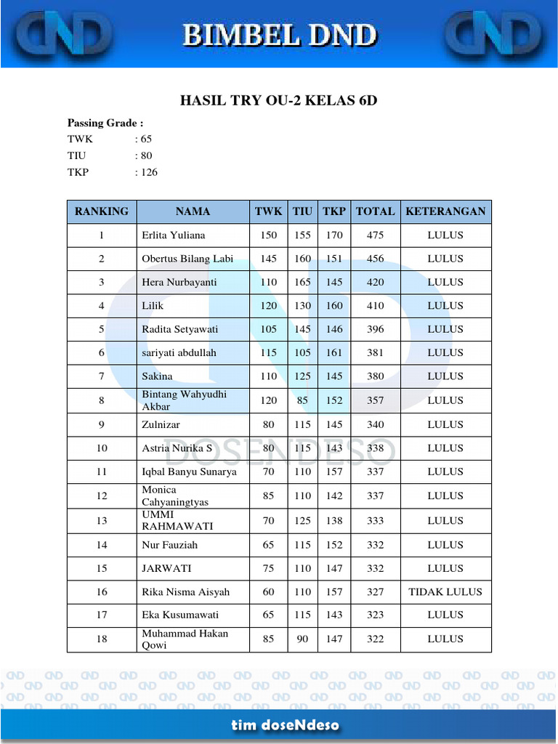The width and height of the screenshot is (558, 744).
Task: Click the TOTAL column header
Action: coord(375,211)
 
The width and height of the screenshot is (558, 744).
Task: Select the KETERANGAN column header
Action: coord(445,211)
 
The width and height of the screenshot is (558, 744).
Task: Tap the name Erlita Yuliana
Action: coord(174,235)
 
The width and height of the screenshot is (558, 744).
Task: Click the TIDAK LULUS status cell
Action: coord(445,592)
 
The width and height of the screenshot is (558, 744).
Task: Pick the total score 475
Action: coord(375,235)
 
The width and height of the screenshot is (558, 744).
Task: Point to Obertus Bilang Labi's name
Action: coord(187,259)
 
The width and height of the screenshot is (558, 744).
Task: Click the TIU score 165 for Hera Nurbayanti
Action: coord(302,282)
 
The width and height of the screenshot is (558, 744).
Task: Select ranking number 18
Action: coord(102,639)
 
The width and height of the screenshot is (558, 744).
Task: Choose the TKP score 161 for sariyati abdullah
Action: coord(334,353)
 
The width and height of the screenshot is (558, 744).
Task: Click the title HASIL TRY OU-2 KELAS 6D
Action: coord(279,101)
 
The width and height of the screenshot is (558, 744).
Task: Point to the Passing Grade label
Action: coord(105,123)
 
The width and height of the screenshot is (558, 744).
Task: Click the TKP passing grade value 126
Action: coord(148,173)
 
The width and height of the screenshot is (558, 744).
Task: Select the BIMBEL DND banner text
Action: coord(279,34)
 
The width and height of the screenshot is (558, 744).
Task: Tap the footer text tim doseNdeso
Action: coord(286,725)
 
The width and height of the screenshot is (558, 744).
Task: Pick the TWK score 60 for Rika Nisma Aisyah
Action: coord(269,592)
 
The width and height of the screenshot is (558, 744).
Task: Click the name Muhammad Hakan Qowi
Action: coord(185,639)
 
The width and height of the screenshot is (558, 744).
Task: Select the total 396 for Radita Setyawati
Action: coord(375,329)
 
